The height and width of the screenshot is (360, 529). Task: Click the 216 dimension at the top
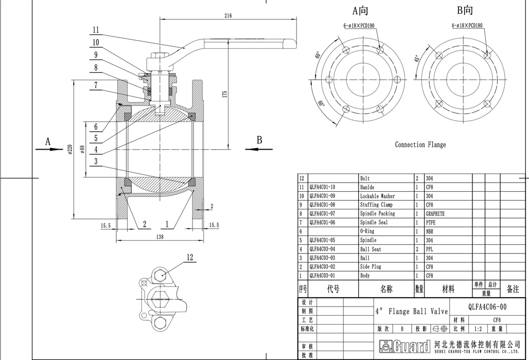[x=228, y=16]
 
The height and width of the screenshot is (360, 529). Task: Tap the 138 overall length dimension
[x=160, y=237]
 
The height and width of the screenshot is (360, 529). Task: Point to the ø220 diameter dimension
[x=69, y=150]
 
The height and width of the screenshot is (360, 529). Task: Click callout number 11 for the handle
[x=96, y=30]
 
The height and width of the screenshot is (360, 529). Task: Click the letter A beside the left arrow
[x=48, y=140]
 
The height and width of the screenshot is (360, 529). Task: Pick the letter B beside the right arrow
[x=259, y=140]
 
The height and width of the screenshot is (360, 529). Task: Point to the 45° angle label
[x=415, y=59]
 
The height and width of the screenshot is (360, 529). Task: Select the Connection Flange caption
[x=420, y=145]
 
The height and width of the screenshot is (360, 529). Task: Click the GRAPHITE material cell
[x=435, y=213]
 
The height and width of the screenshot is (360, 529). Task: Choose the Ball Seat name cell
[x=371, y=249]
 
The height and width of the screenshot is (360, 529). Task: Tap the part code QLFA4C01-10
[x=322, y=187]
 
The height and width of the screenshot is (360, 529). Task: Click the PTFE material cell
[x=431, y=222]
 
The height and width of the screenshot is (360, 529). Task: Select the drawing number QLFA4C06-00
[x=487, y=306]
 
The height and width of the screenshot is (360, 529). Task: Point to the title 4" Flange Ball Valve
[x=412, y=311]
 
